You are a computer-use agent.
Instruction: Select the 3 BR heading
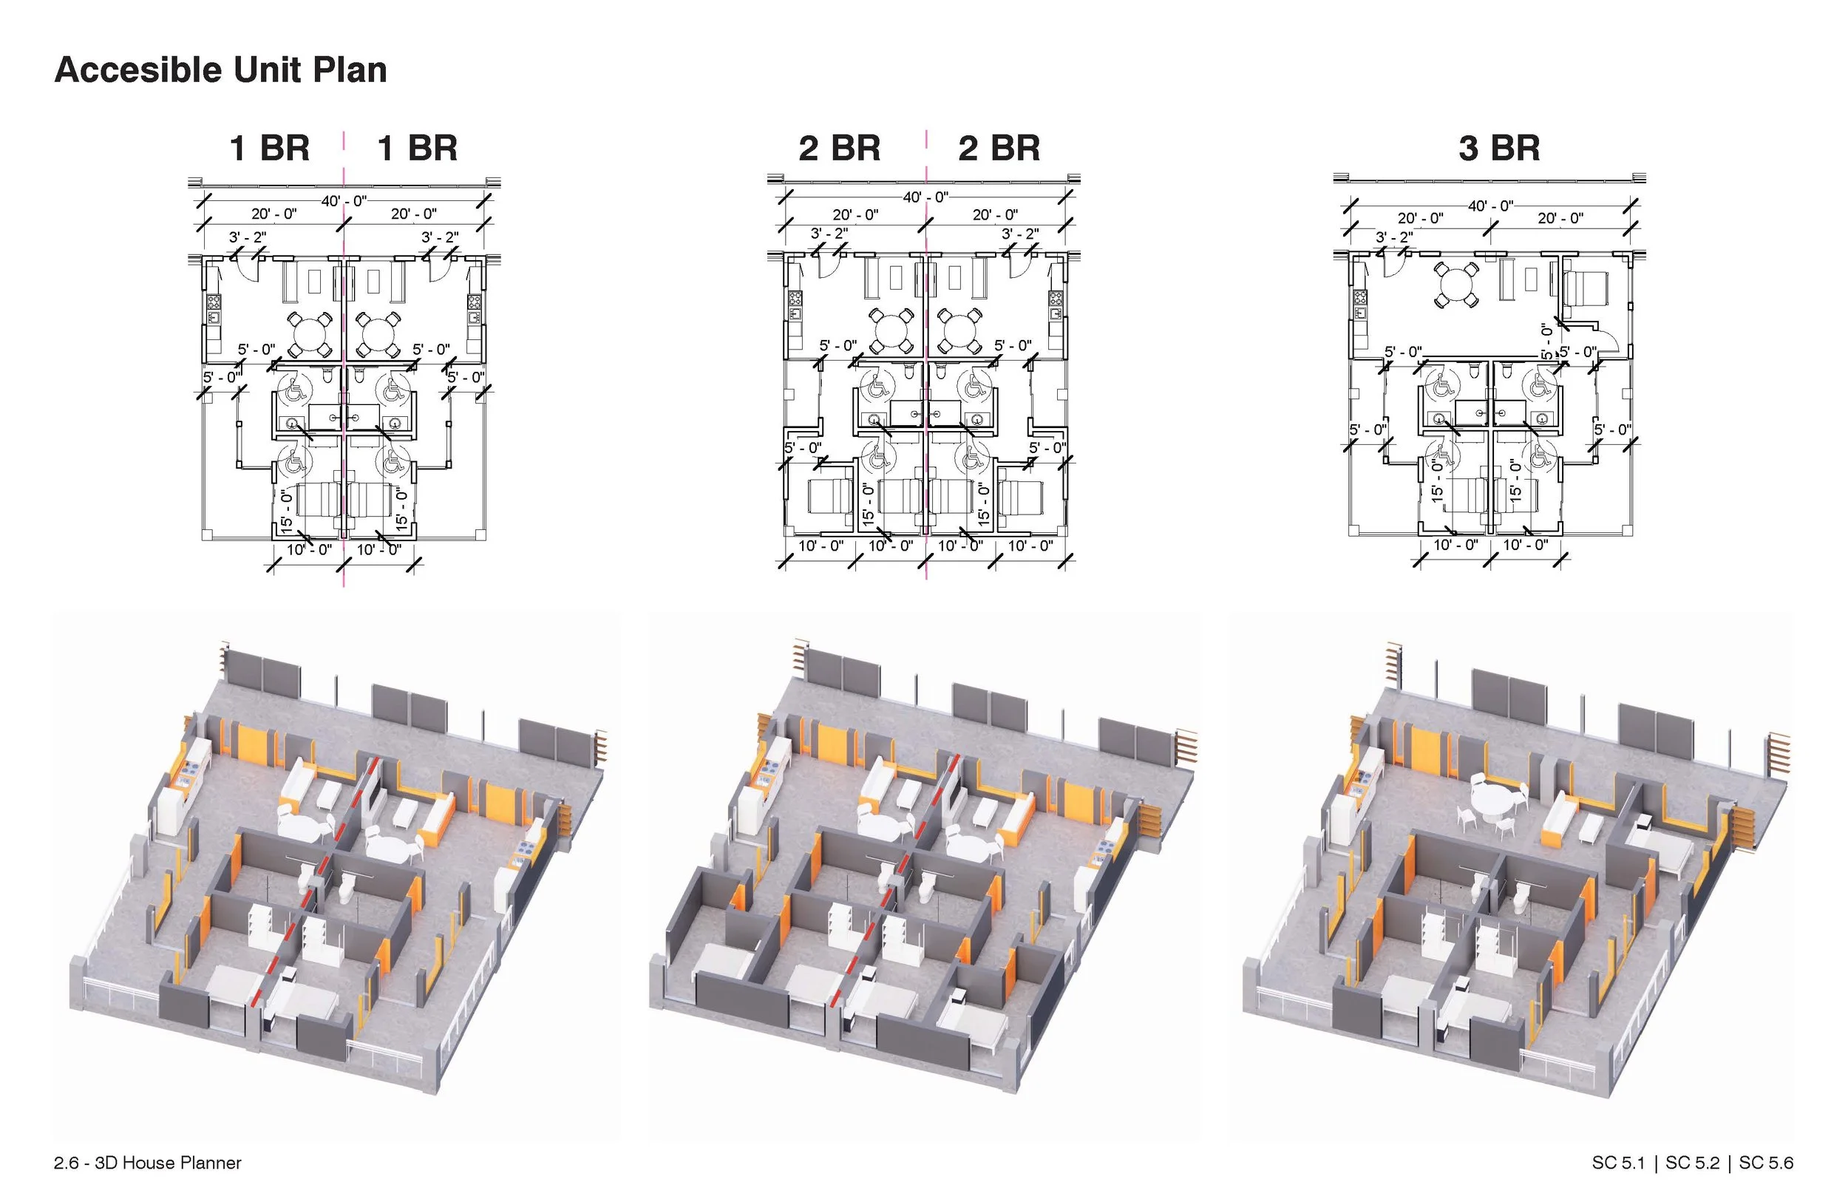pos(1498,149)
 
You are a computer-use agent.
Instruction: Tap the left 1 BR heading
pos(269,149)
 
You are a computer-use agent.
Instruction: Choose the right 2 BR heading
pos(999,149)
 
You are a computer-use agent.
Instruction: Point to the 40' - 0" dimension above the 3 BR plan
pos(1490,205)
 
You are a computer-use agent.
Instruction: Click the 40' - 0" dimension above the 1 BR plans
pos(343,201)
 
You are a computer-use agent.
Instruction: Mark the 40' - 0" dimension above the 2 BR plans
pos(925,197)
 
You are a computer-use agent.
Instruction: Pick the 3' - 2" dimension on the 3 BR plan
pos(1394,237)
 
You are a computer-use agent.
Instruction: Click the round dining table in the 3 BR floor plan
pos(1456,285)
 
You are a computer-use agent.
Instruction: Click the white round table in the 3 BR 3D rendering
pos(1494,800)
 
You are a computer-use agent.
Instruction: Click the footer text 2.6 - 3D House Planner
pos(148,1163)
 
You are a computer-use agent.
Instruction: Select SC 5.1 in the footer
pos(1618,1163)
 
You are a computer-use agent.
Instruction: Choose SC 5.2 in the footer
pos(1693,1163)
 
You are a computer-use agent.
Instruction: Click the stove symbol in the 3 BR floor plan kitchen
pos(1359,296)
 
